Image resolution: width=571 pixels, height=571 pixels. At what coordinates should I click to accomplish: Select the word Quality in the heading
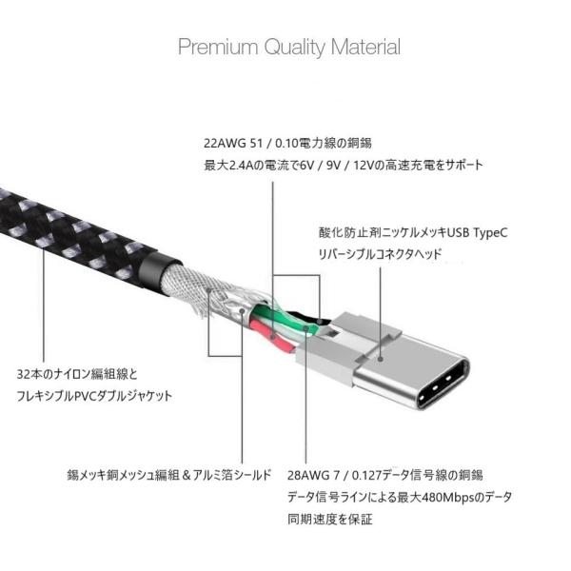click(x=288, y=47)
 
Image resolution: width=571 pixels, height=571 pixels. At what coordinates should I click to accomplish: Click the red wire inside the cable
click(x=267, y=334)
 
